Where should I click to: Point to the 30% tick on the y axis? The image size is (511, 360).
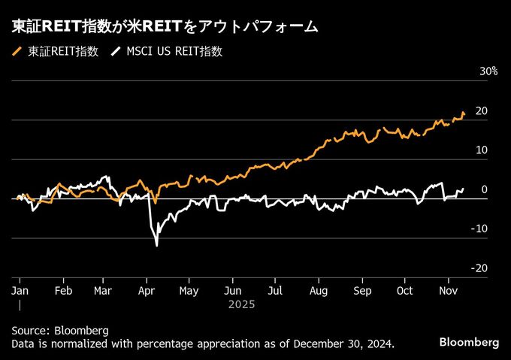tap(488, 71)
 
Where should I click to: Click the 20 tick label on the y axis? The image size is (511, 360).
tap(482, 111)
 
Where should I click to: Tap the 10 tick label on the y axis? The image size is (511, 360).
tap(482, 150)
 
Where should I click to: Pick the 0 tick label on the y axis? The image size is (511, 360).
tap(485, 189)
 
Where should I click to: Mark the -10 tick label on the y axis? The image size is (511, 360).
tap(479, 229)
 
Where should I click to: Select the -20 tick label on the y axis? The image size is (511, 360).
tap(479, 268)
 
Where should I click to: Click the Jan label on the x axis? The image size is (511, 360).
tap(20, 289)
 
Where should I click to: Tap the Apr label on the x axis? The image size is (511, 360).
tap(147, 289)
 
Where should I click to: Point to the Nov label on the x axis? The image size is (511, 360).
tap(448, 289)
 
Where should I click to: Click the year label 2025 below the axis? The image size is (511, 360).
tap(242, 304)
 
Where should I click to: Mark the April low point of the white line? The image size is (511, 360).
tap(157, 245)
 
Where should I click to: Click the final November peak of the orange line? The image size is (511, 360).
tap(464, 112)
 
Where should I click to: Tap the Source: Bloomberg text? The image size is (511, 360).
tap(60, 331)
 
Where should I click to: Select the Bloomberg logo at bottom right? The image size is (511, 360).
tap(469, 342)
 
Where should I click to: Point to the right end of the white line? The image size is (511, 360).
tap(464, 189)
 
